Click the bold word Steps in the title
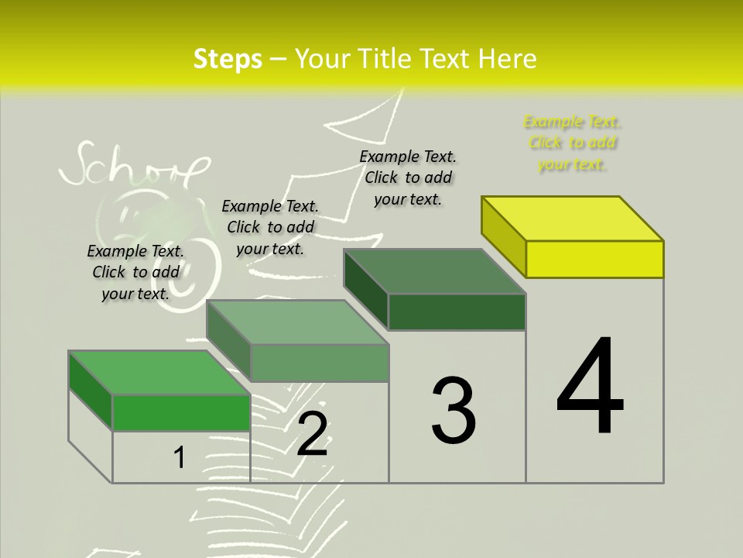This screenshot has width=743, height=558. tap(228, 59)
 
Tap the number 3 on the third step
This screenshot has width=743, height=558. tap(453, 410)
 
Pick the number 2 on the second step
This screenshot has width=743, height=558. tap(312, 434)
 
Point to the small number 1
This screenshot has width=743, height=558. tap(180, 457)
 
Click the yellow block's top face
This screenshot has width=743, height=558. tap(573, 218)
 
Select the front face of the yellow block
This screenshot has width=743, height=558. tap(594, 259)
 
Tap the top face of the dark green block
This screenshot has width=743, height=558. tap(435, 271)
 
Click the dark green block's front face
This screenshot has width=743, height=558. tap(457, 312)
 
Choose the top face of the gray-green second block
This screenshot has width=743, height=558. tap(297, 322)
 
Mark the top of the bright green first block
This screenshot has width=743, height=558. tap(159, 372)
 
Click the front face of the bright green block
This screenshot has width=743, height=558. tap(181, 412)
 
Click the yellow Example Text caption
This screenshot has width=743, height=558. tap(572, 143)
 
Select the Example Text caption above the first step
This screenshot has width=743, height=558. tap(135, 272)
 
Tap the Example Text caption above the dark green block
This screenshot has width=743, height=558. tap(408, 177)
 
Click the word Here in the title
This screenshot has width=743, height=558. tap(508, 59)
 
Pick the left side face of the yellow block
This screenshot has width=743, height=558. tap(504, 236)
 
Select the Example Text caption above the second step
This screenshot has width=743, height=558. tap(270, 227)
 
